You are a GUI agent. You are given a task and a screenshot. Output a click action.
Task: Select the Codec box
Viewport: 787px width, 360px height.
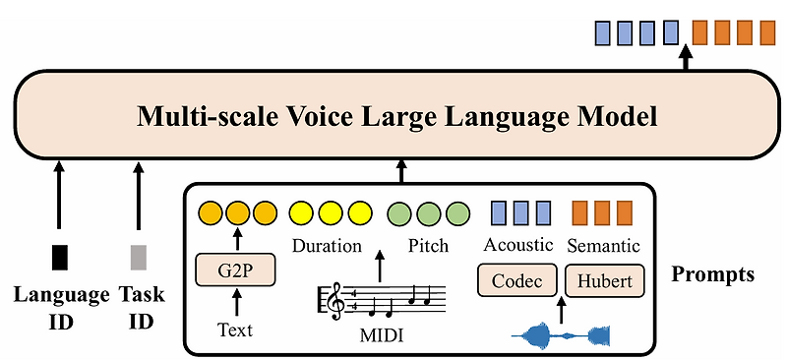[x=517, y=281]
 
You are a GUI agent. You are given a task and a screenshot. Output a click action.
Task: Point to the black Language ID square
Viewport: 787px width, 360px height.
[x=60, y=257]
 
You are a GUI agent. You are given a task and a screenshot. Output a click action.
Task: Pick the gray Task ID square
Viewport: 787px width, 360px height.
[x=138, y=257]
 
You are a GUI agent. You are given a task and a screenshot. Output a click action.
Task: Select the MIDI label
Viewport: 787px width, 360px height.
[x=380, y=337]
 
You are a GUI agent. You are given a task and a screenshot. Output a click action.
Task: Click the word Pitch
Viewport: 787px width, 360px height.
[x=428, y=246]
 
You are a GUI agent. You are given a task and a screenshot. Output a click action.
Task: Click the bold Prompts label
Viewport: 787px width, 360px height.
[x=712, y=274]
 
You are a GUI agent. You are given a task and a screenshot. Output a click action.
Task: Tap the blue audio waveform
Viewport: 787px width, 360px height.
[x=562, y=336]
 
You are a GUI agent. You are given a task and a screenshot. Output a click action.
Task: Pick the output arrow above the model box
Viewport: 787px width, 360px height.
[x=686, y=59]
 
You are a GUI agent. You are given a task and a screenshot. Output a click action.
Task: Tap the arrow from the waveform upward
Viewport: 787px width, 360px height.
[x=561, y=310]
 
